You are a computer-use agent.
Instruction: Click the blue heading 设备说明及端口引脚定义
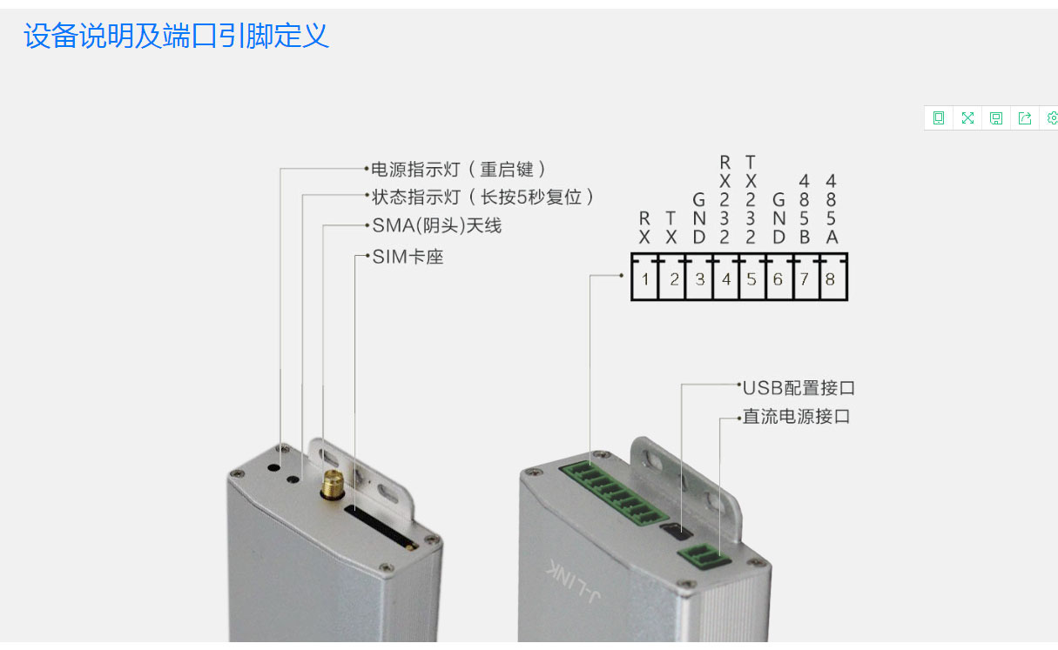pyautogui.click(x=176, y=36)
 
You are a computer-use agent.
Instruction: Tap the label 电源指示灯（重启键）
pyautogui.click(x=459, y=169)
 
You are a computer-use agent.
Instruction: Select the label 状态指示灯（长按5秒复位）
pyautogui.click(x=482, y=197)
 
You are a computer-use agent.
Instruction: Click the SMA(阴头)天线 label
pyautogui.click(x=437, y=225)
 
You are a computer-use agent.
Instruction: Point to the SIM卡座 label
pyautogui.click(x=408, y=257)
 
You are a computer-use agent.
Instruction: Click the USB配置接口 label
pyautogui.click(x=799, y=388)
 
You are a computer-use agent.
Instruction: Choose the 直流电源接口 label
pyautogui.click(x=797, y=416)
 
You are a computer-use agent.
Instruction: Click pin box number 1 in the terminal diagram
pyautogui.click(x=644, y=279)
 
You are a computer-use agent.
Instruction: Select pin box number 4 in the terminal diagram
pyautogui.click(x=726, y=279)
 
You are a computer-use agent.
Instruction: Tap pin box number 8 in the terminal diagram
pyautogui.click(x=833, y=279)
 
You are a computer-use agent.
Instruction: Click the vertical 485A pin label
pyautogui.click(x=832, y=209)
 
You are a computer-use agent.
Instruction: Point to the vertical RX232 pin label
pyautogui.click(x=724, y=199)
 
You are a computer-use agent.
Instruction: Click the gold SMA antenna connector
pyautogui.click(x=333, y=486)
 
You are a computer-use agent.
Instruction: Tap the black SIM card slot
pyautogui.click(x=381, y=526)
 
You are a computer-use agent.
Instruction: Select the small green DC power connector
pyautogui.click(x=704, y=557)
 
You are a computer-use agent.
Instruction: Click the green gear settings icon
pyautogui.click(x=1052, y=117)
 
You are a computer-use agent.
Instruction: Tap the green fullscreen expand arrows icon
pyautogui.click(x=967, y=117)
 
